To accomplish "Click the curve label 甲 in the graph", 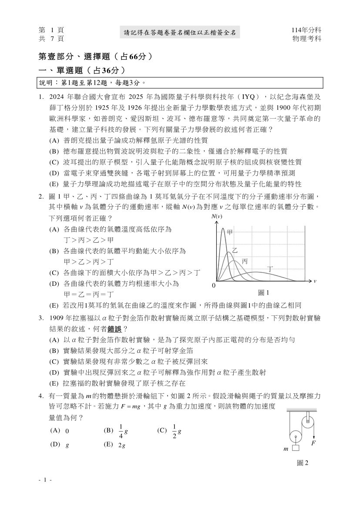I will click(230, 233).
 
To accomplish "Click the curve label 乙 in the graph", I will click(235, 251).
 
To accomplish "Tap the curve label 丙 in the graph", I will click(245, 261).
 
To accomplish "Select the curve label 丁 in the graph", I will click(270, 269).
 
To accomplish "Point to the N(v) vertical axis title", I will click(216, 216).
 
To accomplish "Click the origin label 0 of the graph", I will click(214, 286).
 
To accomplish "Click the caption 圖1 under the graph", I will click(264, 293).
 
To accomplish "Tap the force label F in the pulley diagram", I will click(313, 443).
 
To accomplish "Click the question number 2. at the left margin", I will click(42, 196).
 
